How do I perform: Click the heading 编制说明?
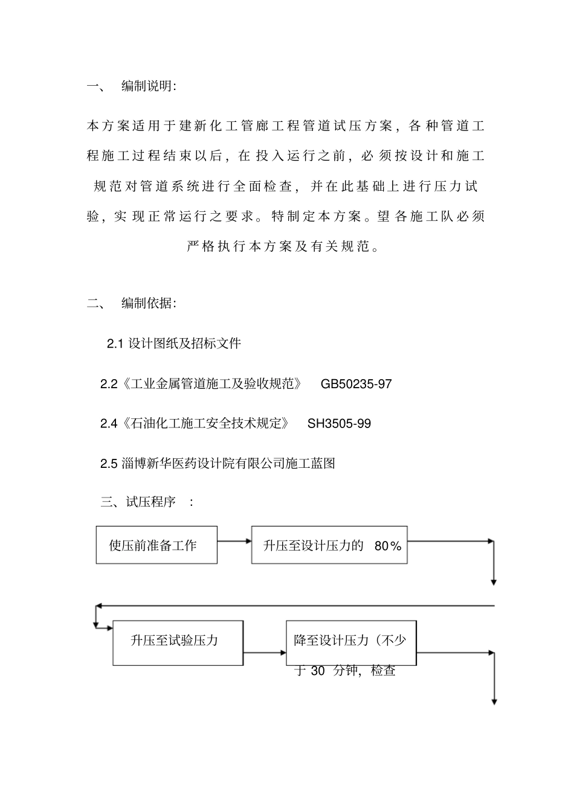(x=149, y=86)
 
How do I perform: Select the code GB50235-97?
(x=356, y=384)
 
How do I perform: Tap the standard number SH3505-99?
(x=339, y=424)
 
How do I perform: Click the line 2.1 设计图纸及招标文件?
(x=174, y=344)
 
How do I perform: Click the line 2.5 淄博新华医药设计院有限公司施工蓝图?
(x=218, y=464)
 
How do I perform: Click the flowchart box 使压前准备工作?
(x=156, y=545)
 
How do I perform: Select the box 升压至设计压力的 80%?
(x=329, y=545)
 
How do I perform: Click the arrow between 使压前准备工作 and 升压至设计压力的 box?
(x=234, y=541)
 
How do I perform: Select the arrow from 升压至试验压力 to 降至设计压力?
(x=265, y=653)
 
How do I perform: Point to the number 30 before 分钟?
(x=318, y=671)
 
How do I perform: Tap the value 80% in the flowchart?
(x=388, y=546)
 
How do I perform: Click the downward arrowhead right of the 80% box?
(x=494, y=582)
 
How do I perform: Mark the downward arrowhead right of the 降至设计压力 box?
(x=494, y=702)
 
